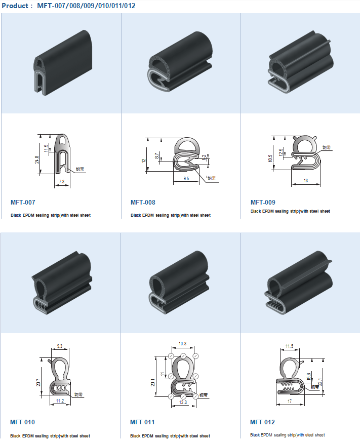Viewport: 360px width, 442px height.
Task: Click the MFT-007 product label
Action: pos(23,203)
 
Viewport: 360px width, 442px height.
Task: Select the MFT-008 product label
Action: pos(143,203)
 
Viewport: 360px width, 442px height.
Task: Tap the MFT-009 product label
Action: pos(263,202)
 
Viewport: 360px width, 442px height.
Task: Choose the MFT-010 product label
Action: pos(23,422)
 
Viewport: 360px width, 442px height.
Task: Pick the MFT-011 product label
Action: pos(142,422)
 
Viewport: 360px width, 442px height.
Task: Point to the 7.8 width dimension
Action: pos(62,181)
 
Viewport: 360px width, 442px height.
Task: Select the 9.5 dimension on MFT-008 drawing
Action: pos(186,179)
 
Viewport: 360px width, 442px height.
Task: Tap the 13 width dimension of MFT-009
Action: pos(305,181)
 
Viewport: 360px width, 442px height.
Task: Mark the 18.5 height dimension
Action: pos(270,158)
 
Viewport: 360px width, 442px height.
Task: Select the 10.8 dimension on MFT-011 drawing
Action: pos(182,344)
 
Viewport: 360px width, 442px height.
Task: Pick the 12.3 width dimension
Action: pos(183,403)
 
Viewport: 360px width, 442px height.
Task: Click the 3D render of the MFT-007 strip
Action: pos(61,63)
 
